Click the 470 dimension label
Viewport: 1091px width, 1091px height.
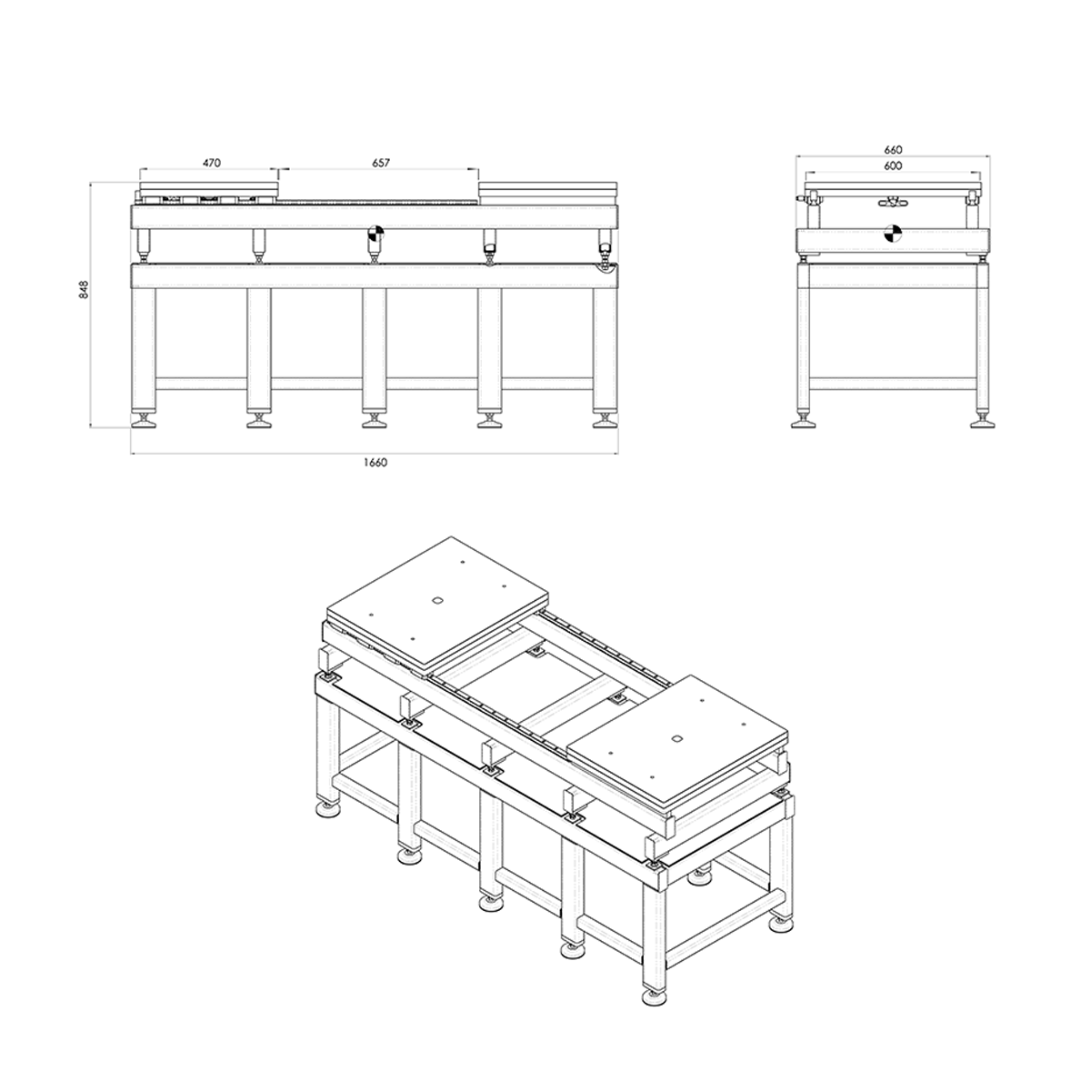pyautogui.click(x=211, y=163)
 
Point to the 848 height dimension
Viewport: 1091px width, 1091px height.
pyautogui.click(x=84, y=290)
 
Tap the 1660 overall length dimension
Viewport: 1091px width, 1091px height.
pyautogui.click(x=375, y=462)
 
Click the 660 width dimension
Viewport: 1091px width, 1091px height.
pyautogui.click(x=892, y=149)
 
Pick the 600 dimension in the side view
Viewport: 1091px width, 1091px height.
pyautogui.click(x=892, y=165)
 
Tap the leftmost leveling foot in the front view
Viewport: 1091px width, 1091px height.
pyautogui.click(x=143, y=420)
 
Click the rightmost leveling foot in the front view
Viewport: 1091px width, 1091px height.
pyautogui.click(x=604, y=420)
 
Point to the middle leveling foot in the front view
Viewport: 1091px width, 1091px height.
pyautogui.click(x=373, y=420)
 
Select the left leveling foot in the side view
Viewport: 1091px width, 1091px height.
pyautogui.click(x=806, y=420)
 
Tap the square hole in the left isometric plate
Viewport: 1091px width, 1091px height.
pyautogui.click(x=436, y=600)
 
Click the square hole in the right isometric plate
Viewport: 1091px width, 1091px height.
pyautogui.click(x=676, y=738)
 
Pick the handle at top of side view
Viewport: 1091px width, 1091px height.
pyautogui.click(x=892, y=201)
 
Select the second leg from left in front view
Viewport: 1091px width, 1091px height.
pyautogui.click(x=259, y=345)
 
